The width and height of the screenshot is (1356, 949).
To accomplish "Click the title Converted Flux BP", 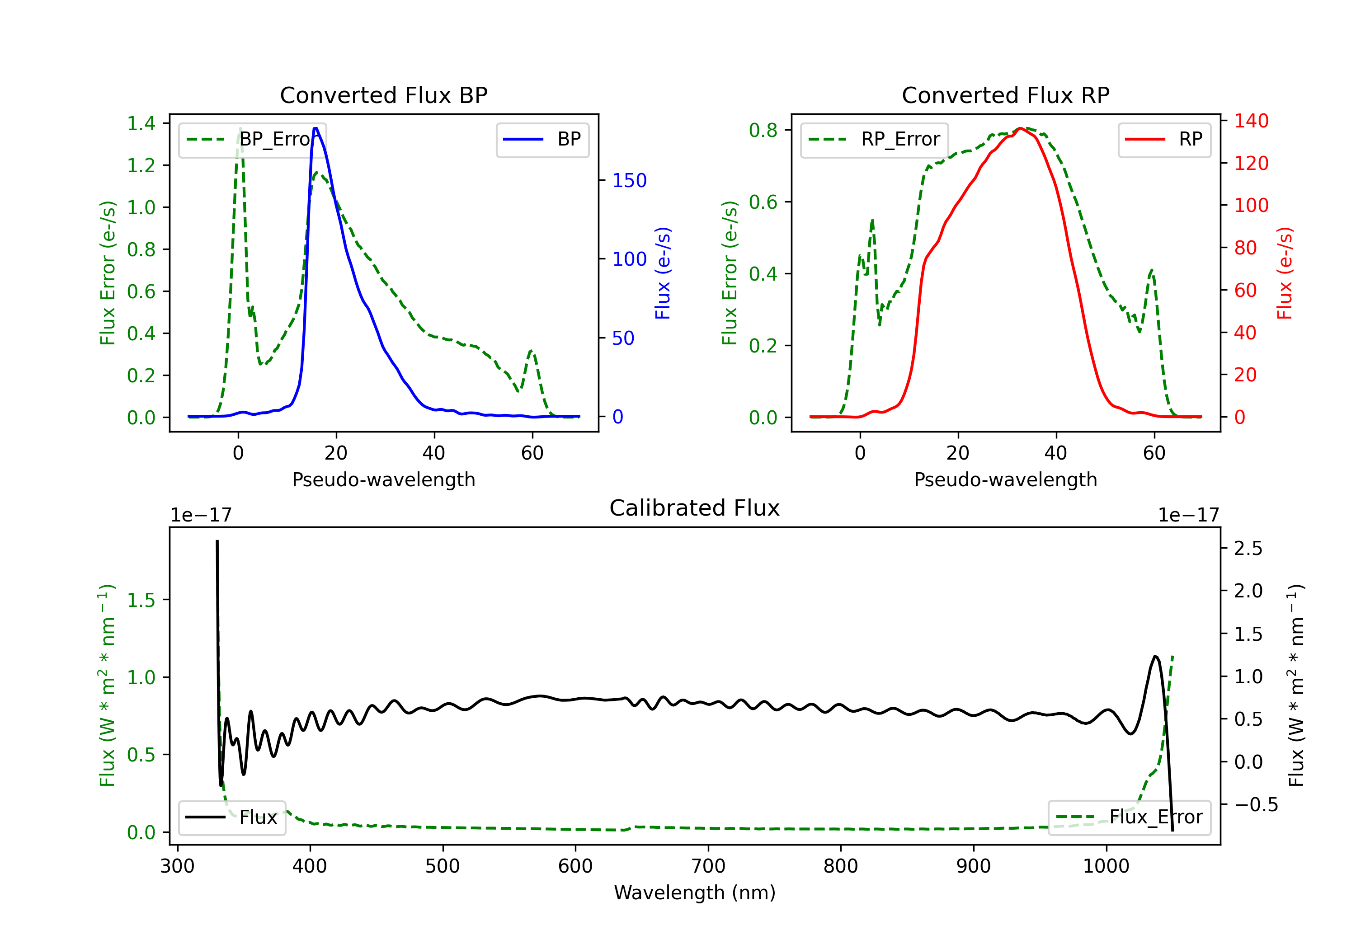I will point(383,95).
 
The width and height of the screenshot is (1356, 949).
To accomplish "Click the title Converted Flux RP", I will point(1005,95).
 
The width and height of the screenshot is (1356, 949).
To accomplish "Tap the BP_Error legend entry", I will point(252,139).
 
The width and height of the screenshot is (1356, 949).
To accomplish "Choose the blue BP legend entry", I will point(542,139).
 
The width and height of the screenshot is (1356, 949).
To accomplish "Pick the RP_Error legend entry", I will point(874,139).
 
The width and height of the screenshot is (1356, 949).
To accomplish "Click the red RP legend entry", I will point(1164,139).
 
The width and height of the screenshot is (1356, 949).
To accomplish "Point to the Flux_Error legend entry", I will point(1129,817).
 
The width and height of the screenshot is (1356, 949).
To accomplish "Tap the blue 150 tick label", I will point(629,181).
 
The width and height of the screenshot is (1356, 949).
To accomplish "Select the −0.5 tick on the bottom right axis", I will point(1256,804).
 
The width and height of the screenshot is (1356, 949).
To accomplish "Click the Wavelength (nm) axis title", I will point(695,893).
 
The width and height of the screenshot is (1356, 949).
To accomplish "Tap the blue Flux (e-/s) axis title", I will point(663,273).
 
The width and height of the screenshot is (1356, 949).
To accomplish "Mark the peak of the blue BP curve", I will point(315,128).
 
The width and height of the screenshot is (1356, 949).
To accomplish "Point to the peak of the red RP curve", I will point(1021,128).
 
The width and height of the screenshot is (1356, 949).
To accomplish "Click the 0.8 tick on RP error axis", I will point(763,130).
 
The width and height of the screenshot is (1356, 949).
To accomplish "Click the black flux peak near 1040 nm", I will point(1155,656).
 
